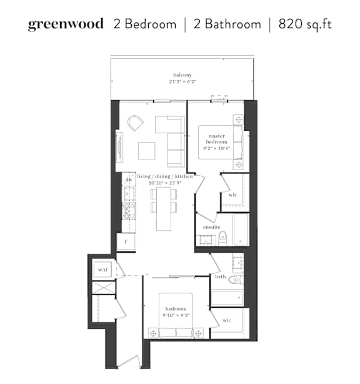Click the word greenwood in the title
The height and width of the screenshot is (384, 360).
66,24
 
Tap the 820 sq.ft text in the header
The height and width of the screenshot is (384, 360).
305,24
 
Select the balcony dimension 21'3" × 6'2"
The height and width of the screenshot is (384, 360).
182,81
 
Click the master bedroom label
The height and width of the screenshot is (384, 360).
217,139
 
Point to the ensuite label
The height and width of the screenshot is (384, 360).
212,227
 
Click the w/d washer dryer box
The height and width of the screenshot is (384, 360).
102,270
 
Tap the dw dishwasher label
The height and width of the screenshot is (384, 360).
129,179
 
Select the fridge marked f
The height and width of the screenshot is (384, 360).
126,242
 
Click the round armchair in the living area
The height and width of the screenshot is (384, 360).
136,123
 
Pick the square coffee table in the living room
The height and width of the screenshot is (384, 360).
147,151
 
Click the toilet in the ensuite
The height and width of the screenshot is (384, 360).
222,238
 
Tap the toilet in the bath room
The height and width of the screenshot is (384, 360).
236,280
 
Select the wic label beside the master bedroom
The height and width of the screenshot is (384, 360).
232,195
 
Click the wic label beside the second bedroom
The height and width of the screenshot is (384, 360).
227,320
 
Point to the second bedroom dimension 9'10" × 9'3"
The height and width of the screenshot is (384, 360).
176,315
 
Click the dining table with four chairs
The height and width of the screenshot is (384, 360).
164,209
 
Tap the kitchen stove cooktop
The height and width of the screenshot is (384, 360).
129,211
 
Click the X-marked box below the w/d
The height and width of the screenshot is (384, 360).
104,288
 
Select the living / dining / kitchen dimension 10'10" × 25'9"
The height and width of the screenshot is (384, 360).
165,183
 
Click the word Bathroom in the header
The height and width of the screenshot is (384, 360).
233,24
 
